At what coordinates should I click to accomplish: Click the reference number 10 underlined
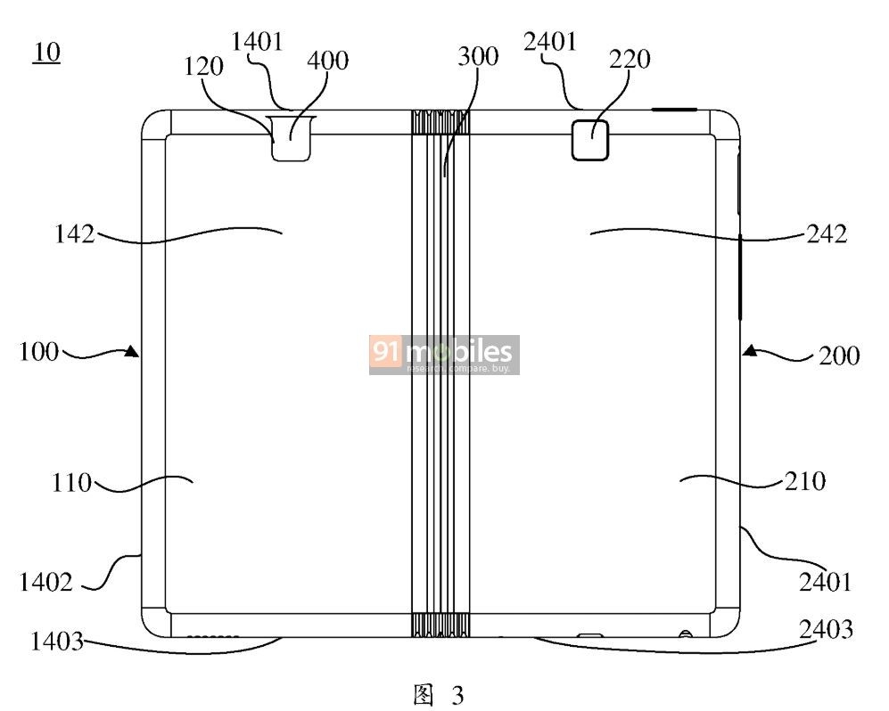pyautogui.click(x=47, y=53)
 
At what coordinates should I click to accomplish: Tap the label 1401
pyautogui.click(x=258, y=42)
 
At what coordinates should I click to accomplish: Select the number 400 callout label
pyautogui.click(x=328, y=61)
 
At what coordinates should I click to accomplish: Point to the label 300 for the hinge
pyautogui.click(x=478, y=57)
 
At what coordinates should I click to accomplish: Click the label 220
pyautogui.click(x=630, y=60)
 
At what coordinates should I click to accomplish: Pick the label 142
pyautogui.click(x=74, y=234)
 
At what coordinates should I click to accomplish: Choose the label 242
pyautogui.click(x=827, y=234)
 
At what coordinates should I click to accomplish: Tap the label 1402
pyautogui.click(x=46, y=582)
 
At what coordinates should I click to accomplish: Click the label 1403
pyautogui.click(x=57, y=642)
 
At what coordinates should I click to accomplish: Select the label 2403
pyautogui.click(x=826, y=629)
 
